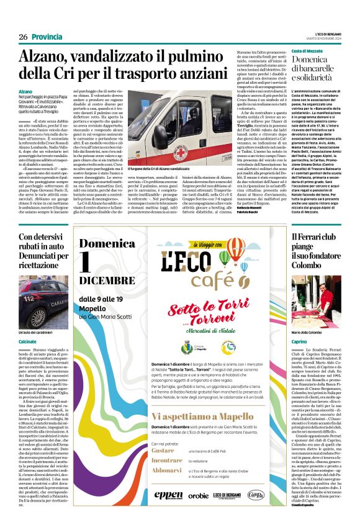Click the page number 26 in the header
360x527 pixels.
22,37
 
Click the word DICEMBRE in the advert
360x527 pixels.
106,281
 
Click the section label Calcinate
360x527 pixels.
27,341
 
